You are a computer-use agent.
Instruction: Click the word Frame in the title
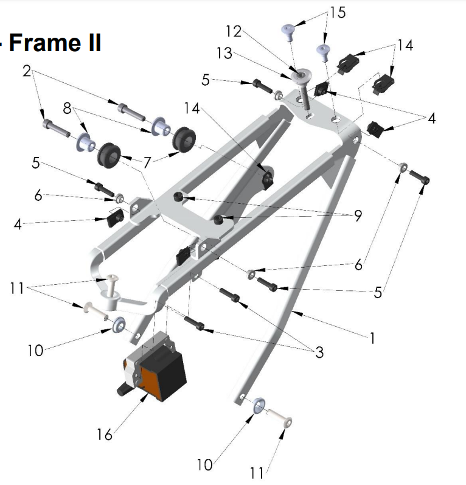pos(46,43)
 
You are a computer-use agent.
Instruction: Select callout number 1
pos(372,338)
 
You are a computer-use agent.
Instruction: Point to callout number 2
pos(26,71)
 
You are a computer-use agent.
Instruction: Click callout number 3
pos(319,352)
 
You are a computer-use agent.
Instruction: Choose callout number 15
pos(338,12)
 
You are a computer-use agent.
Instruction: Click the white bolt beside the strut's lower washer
pos(280,420)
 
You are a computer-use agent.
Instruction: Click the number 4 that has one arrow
pos(18,225)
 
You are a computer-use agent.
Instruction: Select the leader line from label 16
pos(127,415)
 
